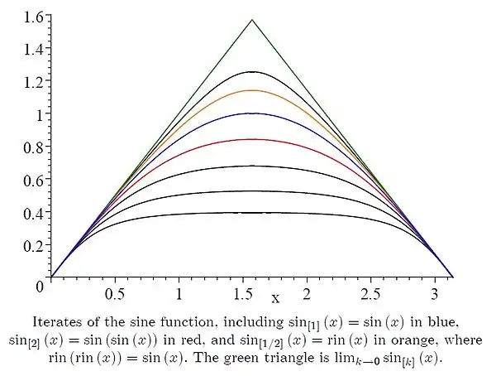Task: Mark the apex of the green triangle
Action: coord(252,20)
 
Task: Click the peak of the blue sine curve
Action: coord(252,113)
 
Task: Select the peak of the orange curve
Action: coord(252,90)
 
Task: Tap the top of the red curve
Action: coord(252,139)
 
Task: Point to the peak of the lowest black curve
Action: coord(252,213)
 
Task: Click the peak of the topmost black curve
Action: coord(252,72)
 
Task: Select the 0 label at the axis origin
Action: coord(39,286)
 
